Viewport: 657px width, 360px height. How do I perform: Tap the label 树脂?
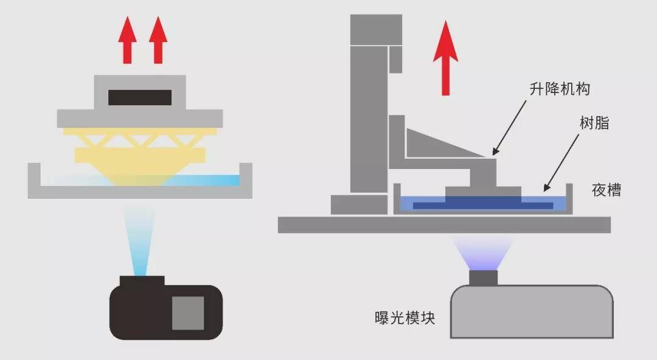[x=595, y=124]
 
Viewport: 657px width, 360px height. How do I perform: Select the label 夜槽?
[x=607, y=190]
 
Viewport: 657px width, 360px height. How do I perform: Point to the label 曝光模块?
[x=405, y=317]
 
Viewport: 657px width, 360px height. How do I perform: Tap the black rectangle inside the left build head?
[x=139, y=97]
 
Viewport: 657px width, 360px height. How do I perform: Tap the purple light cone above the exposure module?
[x=484, y=252]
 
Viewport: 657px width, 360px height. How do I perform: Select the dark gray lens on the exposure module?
[x=484, y=278]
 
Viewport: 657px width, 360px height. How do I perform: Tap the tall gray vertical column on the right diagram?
[x=369, y=122]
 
